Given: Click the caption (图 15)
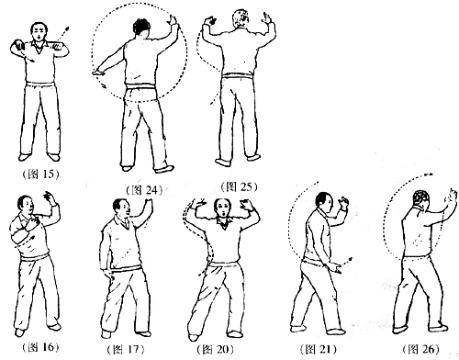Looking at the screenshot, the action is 40,174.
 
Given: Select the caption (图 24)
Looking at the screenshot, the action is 144,190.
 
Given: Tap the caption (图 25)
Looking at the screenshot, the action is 239,186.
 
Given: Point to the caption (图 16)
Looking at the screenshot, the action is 40,347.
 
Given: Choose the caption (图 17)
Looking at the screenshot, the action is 126,349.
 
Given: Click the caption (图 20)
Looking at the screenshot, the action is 216,349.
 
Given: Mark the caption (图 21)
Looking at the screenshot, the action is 319,349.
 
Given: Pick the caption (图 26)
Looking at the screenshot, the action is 420,349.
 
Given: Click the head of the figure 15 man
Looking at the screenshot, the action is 39,31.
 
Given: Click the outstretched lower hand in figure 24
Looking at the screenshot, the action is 99,73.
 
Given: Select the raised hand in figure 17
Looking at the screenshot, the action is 149,203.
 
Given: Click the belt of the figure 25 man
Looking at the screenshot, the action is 238,75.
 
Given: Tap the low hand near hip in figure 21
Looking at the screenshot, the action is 336,267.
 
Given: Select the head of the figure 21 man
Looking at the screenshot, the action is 324,202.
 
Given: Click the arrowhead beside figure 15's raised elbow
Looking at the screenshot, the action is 67,28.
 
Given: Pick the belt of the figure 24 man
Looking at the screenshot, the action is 140,87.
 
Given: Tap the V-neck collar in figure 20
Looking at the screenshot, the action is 224,223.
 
